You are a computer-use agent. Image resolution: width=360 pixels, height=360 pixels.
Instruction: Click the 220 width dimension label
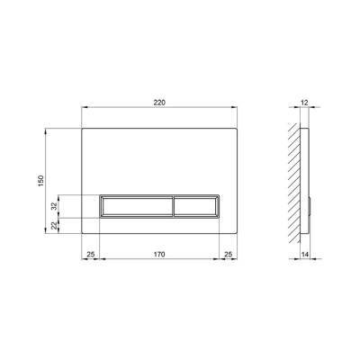pyautogui.click(x=159, y=103)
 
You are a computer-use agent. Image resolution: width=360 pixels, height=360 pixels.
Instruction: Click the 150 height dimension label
pyautogui.click(x=41, y=181)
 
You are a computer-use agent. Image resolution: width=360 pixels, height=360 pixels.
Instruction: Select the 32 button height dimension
pyautogui.click(x=54, y=206)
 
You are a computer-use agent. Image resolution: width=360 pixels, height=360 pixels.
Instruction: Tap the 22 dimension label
pyautogui.click(x=54, y=226)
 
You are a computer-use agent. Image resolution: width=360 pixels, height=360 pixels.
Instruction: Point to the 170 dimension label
pyautogui.click(x=159, y=255)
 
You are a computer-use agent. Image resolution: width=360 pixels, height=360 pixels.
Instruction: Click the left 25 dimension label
pyautogui.click(x=91, y=255)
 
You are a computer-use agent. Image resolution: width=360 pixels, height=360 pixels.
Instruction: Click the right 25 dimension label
pyautogui.click(x=229, y=255)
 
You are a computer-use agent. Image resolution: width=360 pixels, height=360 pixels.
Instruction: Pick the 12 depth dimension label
pyautogui.click(x=304, y=103)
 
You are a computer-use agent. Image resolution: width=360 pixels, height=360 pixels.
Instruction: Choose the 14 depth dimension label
pyautogui.click(x=305, y=255)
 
